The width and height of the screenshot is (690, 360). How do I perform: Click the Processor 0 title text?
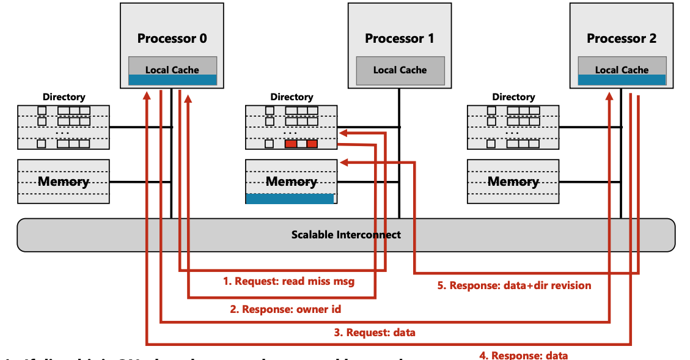(x=172, y=39)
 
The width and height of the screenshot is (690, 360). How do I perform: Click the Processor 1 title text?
(x=399, y=39)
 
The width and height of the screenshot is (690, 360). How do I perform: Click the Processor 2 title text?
(x=621, y=39)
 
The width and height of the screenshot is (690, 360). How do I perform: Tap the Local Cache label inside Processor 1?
(x=400, y=70)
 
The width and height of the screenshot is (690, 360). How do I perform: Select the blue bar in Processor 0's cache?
(x=172, y=80)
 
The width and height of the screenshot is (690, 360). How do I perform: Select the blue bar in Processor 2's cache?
(x=622, y=80)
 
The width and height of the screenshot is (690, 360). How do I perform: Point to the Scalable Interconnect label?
(x=346, y=235)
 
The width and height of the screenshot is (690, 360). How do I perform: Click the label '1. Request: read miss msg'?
(x=288, y=281)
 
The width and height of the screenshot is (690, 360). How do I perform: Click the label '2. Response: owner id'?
(x=285, y=309)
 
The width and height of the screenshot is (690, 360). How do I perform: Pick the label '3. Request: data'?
(x=375, y=332)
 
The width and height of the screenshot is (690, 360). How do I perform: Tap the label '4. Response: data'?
(x=524, y=355)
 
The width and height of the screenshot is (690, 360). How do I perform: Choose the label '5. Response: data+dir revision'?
(x=514, y=285)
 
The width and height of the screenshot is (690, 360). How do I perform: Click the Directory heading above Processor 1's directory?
(x=292, y=97)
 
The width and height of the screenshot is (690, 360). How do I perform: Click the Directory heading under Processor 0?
(x=64, y=97)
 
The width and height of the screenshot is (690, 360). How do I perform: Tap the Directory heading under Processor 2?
(x=513, y=97)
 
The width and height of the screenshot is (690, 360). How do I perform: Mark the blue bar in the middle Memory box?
(x=290, y=198)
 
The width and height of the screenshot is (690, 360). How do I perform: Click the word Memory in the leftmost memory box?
(x=64, y=182)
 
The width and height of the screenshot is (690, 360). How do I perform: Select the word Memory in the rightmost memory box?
(x=513, y=182)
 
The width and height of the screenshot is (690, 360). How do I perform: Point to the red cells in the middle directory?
(x=301, y=144)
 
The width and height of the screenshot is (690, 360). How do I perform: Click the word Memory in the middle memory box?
(x=292, y=182)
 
